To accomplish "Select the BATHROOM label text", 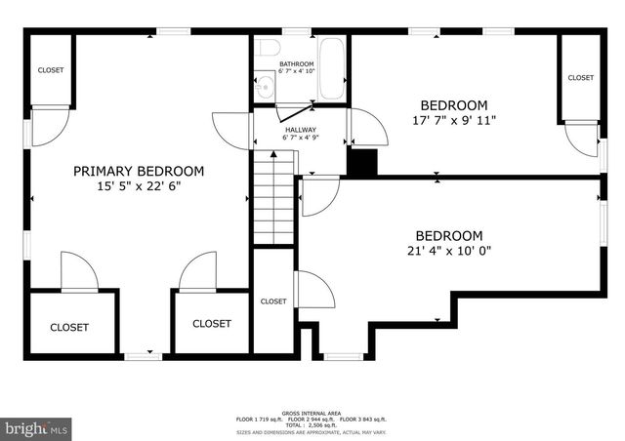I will [296, 64].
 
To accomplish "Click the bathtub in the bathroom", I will [331, 69].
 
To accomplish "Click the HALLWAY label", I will [299, 130].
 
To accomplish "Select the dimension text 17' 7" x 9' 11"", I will [453, 121].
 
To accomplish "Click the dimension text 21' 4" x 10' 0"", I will [449, 251].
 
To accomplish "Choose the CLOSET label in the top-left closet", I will [51, 70].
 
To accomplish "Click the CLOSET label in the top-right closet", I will [580, 78].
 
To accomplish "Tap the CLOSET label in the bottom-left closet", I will [69, 328].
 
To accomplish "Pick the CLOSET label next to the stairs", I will [273, 301].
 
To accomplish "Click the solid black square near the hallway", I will [362, 163].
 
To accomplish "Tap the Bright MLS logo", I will [37, 427].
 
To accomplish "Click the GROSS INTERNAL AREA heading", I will [310, 413].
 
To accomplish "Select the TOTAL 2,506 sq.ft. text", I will [310, 425].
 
